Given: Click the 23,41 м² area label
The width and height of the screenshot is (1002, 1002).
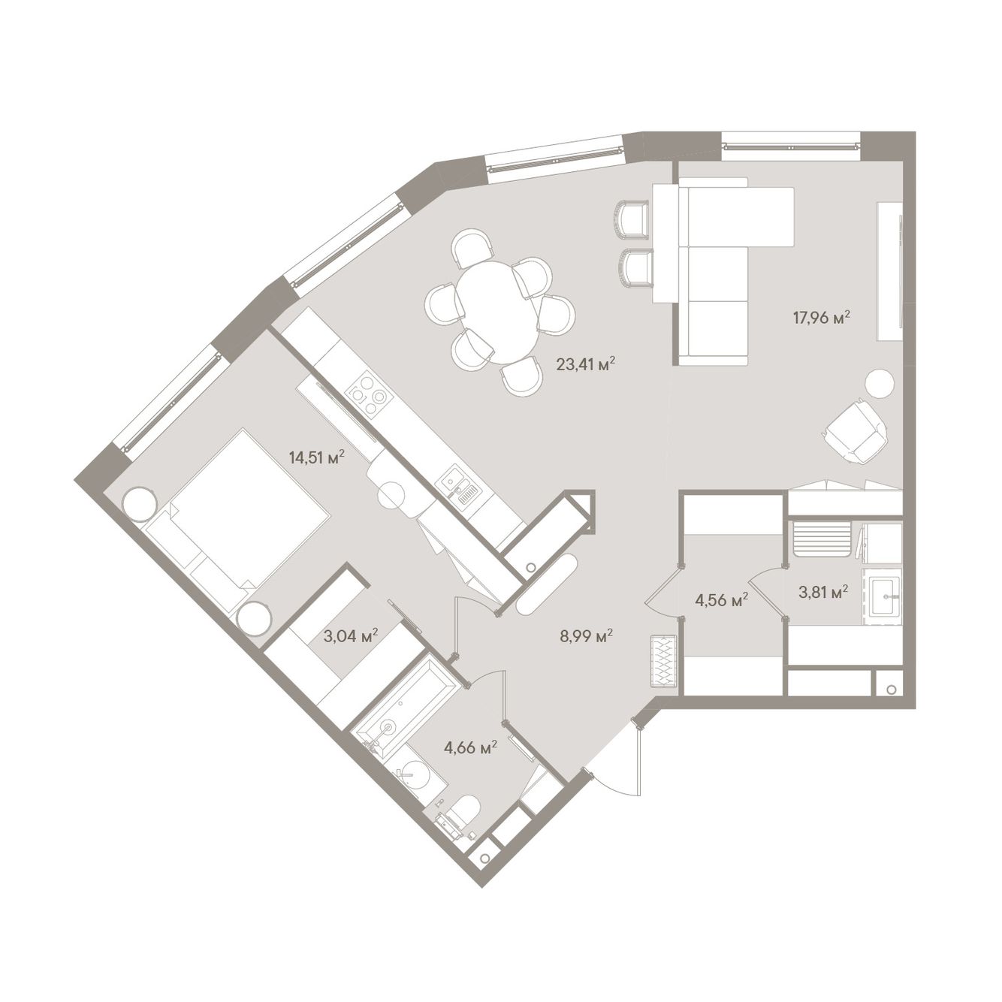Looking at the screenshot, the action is [x=585, y=364].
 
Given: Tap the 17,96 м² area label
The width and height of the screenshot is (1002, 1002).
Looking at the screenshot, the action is [x=821, y=317].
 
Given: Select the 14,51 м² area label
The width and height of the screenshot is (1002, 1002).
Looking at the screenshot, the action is [x=317, y=457].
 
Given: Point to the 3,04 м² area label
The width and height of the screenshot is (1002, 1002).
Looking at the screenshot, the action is [x=351, y=635].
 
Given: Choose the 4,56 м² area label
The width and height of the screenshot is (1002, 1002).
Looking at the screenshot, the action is [x=721, y=601].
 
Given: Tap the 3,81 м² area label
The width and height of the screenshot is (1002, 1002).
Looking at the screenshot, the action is [x=824, y=592].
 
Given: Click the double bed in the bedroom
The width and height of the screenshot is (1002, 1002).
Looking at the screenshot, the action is [x=237, y=520].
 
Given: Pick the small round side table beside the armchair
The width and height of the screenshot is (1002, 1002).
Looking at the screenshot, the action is [x=880, y=383].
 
